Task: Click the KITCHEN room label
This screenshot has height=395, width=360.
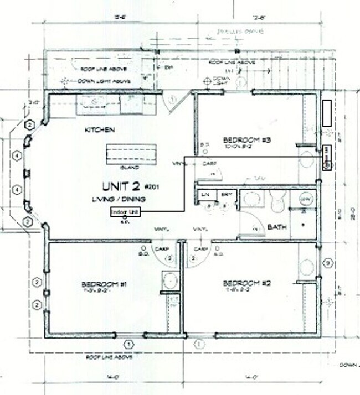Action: [100, 131]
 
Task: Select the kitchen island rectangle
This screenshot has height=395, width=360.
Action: [132, 153]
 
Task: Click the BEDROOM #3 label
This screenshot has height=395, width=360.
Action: [246, 139]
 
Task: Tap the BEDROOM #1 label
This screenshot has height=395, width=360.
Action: [104, 284]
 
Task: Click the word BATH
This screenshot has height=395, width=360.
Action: [276, 227]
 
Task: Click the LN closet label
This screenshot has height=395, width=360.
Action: [205, 195]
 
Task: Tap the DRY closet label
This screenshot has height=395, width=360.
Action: [225, 195]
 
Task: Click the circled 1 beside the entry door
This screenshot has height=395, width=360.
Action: [172, 99]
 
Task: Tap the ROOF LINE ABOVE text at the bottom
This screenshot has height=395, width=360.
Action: [109, 357]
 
